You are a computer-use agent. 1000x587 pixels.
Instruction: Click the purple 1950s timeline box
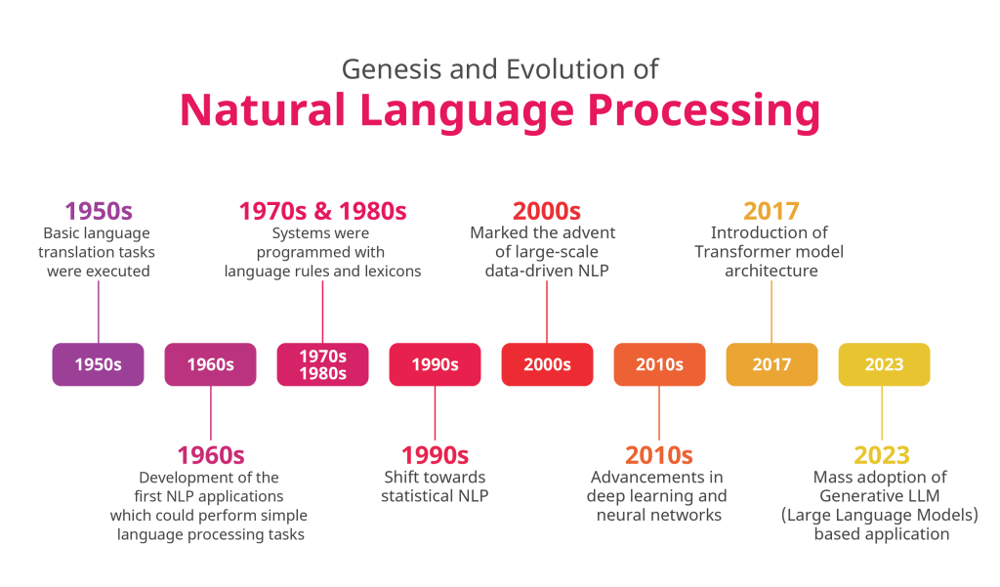coord(99,364)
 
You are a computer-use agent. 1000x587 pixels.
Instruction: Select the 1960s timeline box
coord(211,364)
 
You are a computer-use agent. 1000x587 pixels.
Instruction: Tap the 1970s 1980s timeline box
coord(322,364)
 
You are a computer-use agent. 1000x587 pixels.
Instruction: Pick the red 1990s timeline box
coord(435,364)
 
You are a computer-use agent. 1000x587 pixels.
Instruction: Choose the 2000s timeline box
coord(547,364)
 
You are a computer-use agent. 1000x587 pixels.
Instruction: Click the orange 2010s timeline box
coord(659,364)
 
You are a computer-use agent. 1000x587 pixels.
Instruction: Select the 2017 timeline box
coord(771,364)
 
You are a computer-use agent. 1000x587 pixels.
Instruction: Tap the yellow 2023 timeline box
coord(884,364)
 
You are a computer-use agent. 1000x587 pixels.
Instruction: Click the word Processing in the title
coord(703,111)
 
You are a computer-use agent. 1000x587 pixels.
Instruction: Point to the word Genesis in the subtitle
coord(391,69)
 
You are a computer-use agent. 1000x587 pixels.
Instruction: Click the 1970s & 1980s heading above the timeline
coord(322,211)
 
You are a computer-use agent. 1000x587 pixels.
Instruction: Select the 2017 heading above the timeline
coord(771,211)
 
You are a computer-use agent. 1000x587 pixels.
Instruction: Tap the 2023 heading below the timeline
coord(882,455)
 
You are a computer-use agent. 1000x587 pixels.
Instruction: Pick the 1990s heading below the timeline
coord(435,455)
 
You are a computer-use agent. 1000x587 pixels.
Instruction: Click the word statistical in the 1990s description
coord(413,496)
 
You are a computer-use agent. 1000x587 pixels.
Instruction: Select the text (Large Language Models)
coord(880,515)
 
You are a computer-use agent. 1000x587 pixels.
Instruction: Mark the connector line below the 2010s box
coord(659,413)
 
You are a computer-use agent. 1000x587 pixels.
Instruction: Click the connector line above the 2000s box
coord(547,312)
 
